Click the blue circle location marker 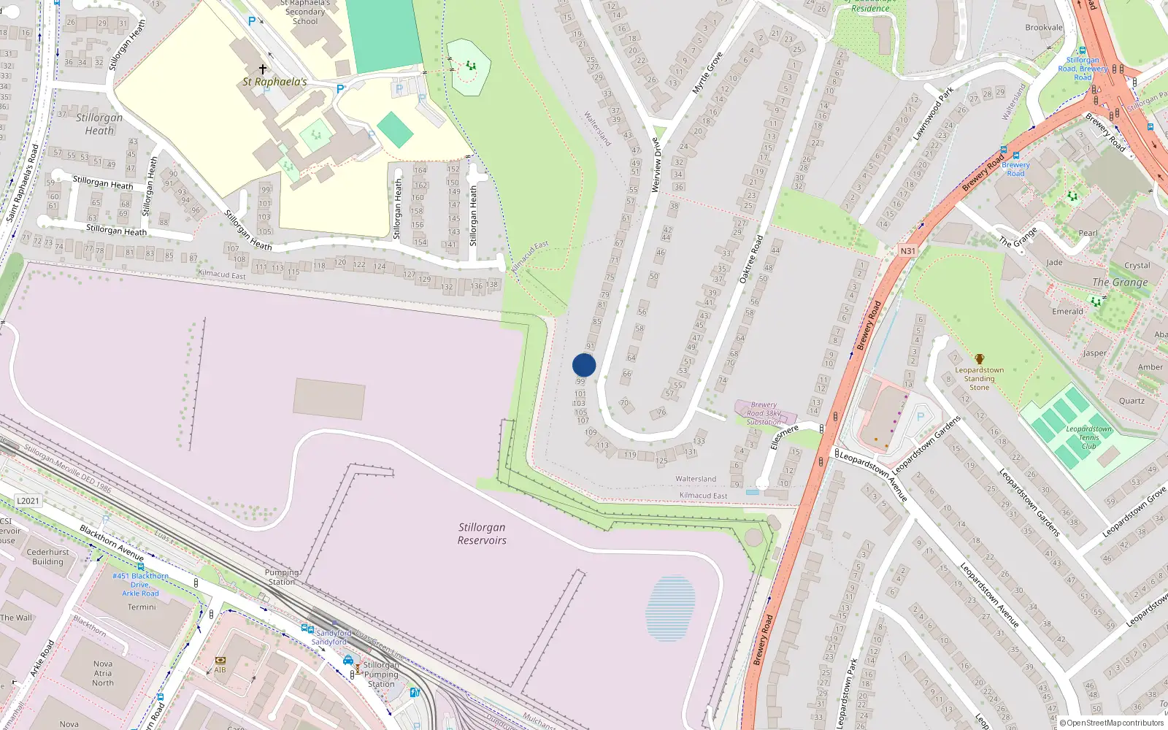(584, 365)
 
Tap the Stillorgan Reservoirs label (482, 534)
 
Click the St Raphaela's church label (275, 82)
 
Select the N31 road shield (907, 251)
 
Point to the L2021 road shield (28, 501)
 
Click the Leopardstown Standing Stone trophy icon (979, 359)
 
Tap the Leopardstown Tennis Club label (1088, 437)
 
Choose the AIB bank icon (220, 661)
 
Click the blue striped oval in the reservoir (670, 608)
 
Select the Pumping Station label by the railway (282, 577)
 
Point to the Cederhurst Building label (48, 557)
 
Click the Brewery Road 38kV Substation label (764, 413)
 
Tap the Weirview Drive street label (656, 166)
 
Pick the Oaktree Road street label (751, 259)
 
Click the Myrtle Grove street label (707, 72)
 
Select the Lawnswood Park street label (933, 114)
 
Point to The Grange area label (1120, 283)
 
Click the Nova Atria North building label (103, 674)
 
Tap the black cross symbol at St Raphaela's (263, 69)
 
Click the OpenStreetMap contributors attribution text (1112, 723)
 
